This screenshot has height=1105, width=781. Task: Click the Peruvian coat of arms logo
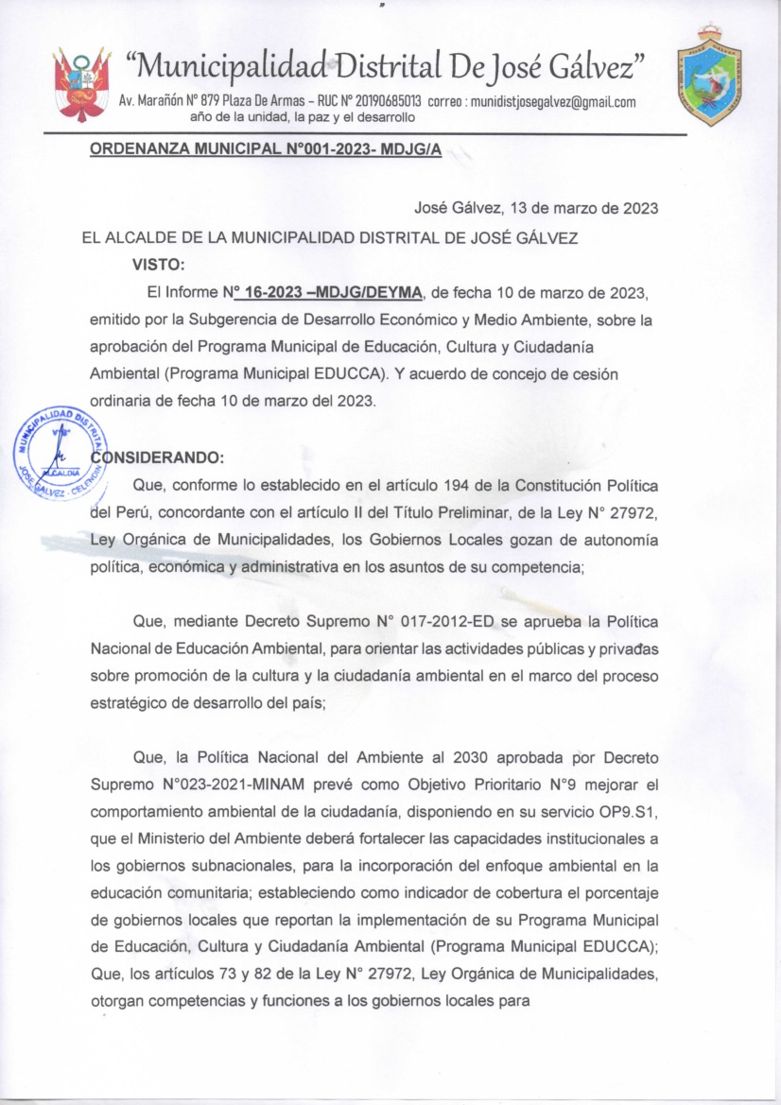[x=82, y=83]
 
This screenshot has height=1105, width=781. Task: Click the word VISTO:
[x=158, y=263]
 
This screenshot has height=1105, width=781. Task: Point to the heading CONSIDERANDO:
[x=157, y=458]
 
